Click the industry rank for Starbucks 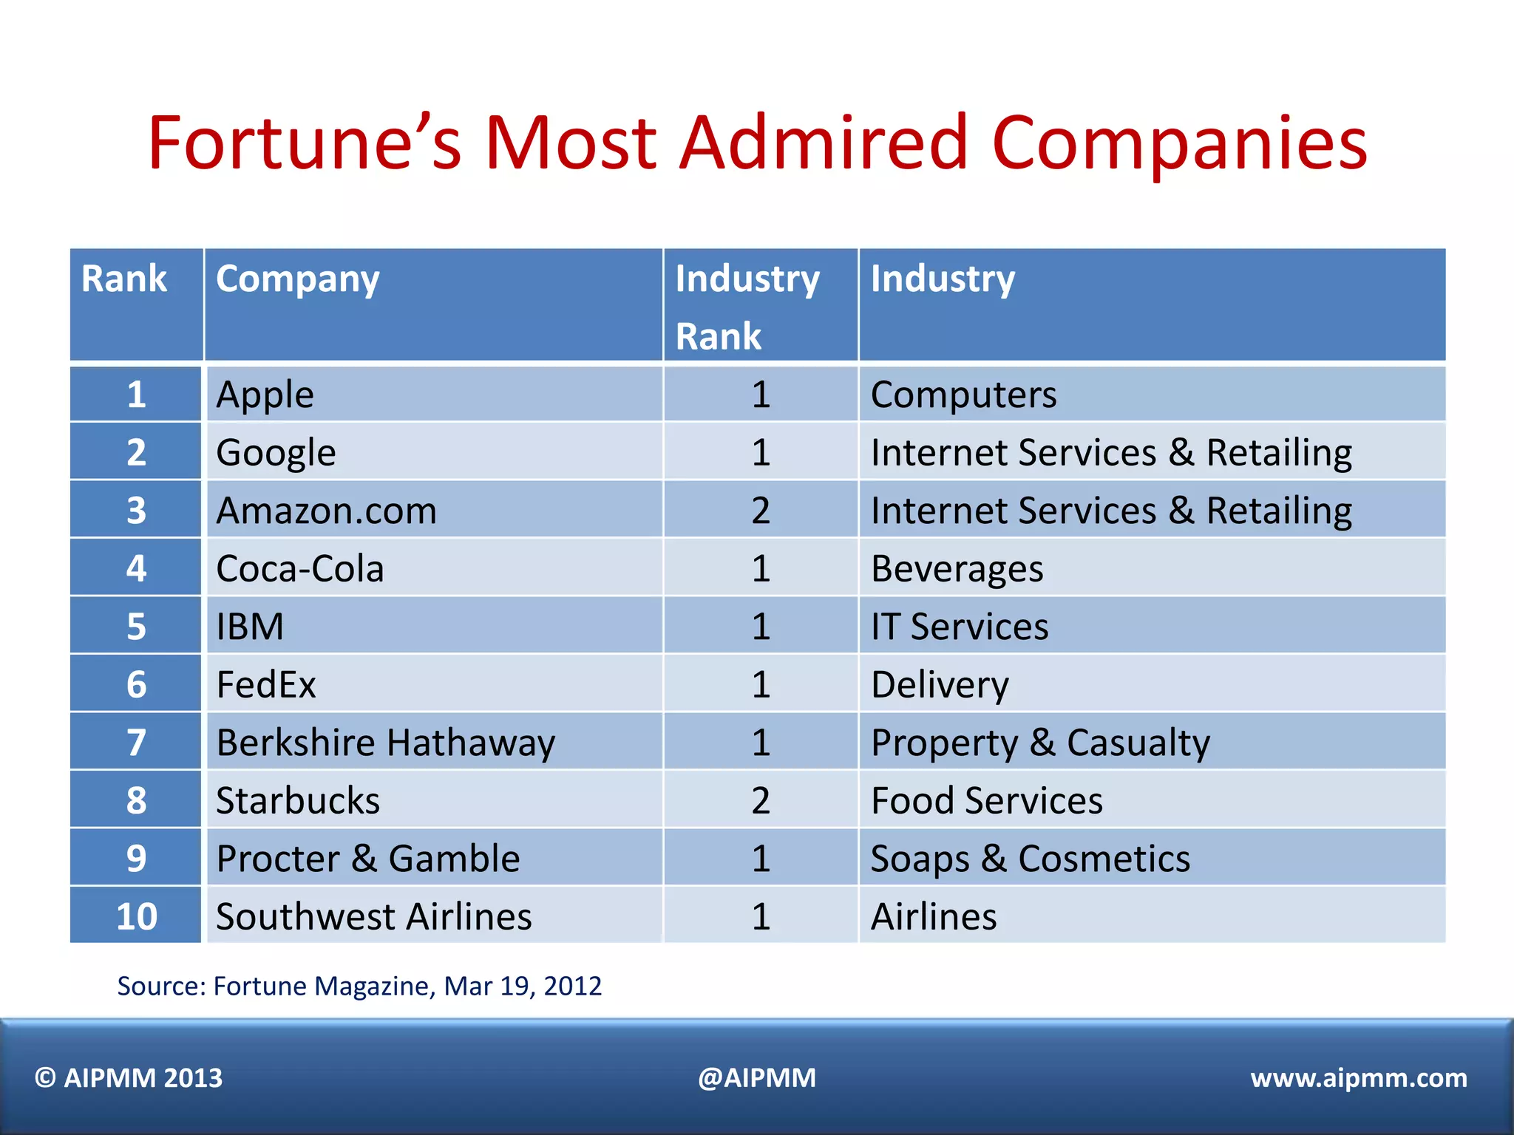(761, 800)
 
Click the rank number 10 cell (137, 916)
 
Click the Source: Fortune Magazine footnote (359, 986)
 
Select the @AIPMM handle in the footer (757, 1078)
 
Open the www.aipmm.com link (1358, 1078)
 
